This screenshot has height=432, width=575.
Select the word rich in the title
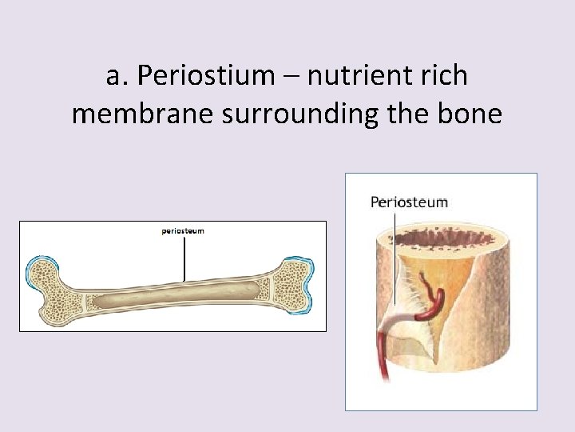pyautogui.click(x=444, y=76)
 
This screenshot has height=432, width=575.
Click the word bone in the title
pyautogui.click(x=472, y=114)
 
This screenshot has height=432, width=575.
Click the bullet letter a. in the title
pyautogui.click(x=117, y=76)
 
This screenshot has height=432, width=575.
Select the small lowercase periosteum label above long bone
pyautogui.click(x=183, y=231)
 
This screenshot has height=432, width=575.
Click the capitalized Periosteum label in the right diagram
pyautogui.click(x=409, y=202)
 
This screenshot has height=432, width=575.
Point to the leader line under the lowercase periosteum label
pyautogui.click(x=184, y=256)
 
